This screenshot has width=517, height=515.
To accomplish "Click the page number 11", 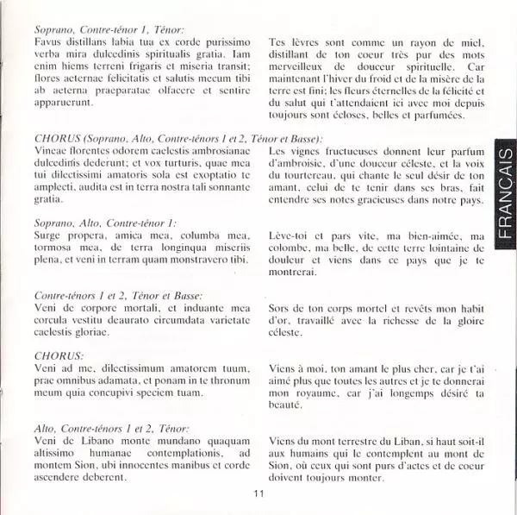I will coord(258,493).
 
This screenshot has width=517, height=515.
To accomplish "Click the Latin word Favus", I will coord(50,41).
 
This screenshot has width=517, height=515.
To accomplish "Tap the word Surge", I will coord(50,236).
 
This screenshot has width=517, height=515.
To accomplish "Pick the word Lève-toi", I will coord(293,236).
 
